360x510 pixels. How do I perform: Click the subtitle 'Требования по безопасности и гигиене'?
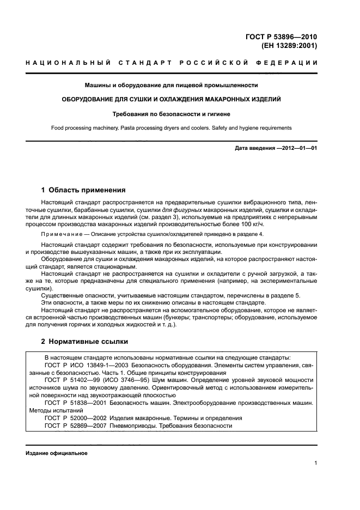tap(171, 114)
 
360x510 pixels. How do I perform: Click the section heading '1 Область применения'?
tap(83, 190)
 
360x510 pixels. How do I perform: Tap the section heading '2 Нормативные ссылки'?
tap(85, 342)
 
